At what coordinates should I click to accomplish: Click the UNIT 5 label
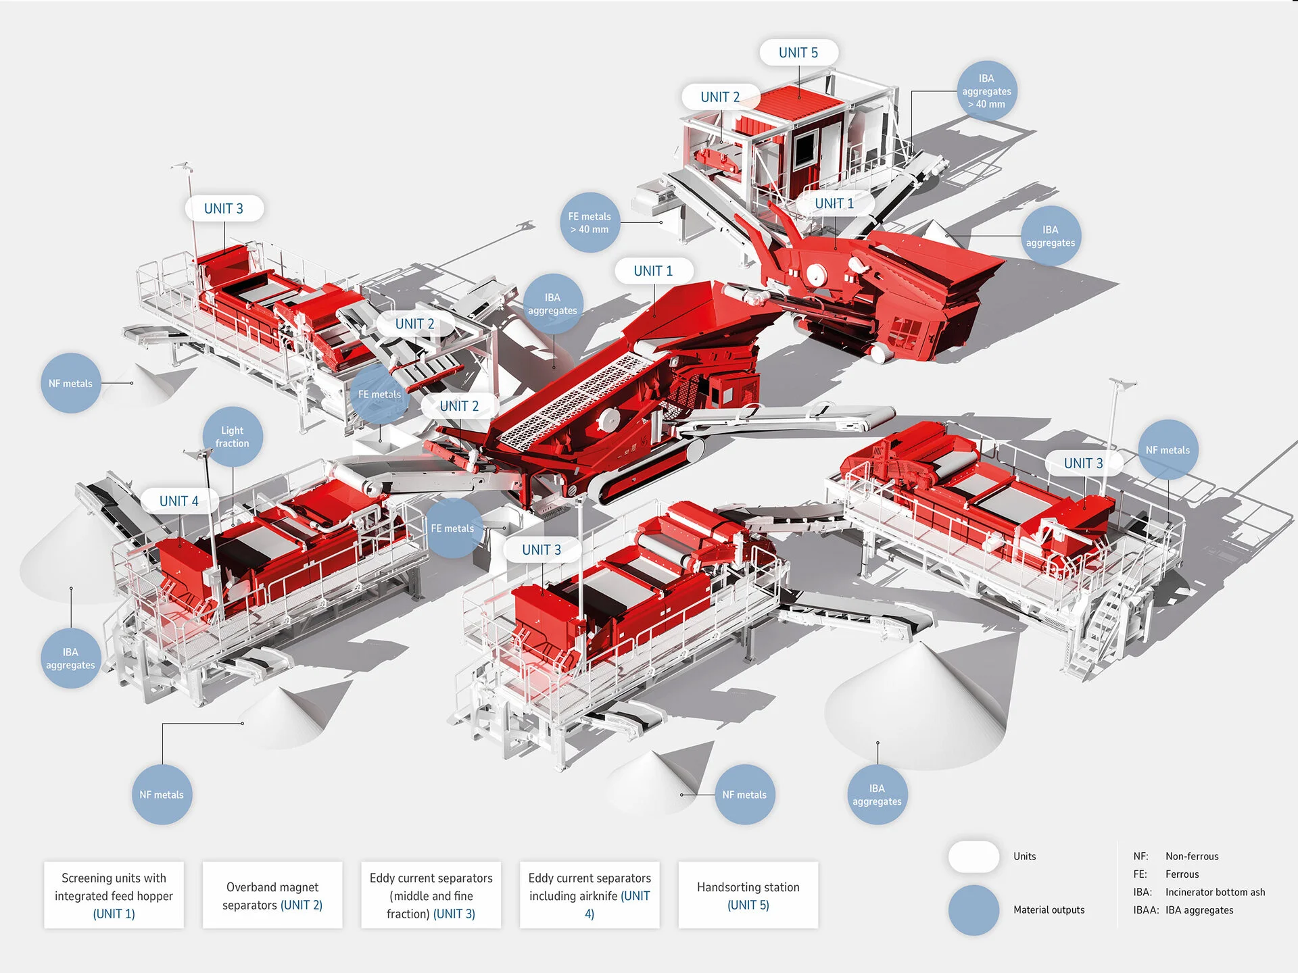(x=798, y=53)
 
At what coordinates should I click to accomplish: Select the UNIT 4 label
(x=179, y=501)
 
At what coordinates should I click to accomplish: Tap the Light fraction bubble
(x=233, y=436)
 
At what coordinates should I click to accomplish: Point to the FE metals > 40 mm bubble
(x=590, y=223)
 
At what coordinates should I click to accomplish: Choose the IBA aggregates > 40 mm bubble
(x=986, y=91)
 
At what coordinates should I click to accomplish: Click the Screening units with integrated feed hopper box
(x=114, y=895)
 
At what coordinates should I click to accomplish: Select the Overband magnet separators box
(x=272, y=895)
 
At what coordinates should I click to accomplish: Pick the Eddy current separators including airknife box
(x=590, y=895)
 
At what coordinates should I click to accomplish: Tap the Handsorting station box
(x=748, y=895)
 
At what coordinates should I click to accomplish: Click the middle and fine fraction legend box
(x=431, y=895)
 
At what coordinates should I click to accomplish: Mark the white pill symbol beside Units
(x=973, y=856)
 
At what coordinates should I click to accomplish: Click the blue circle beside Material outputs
(x=973, y=909)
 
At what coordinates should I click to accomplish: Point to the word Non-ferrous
(x=1192, y=856)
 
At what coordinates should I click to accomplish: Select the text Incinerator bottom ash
(x=1215, y=892)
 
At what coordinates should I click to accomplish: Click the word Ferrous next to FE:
(x=1182, y=874)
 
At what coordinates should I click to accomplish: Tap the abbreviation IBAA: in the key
(x=1146, y=910)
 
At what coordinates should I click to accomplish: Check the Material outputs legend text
(x=1049, y=909)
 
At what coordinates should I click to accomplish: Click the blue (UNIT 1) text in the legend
(x=114, y=914)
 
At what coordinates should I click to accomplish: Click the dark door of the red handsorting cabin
(x=804, y=151)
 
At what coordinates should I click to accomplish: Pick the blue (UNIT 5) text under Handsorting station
(x=748, y=905)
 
